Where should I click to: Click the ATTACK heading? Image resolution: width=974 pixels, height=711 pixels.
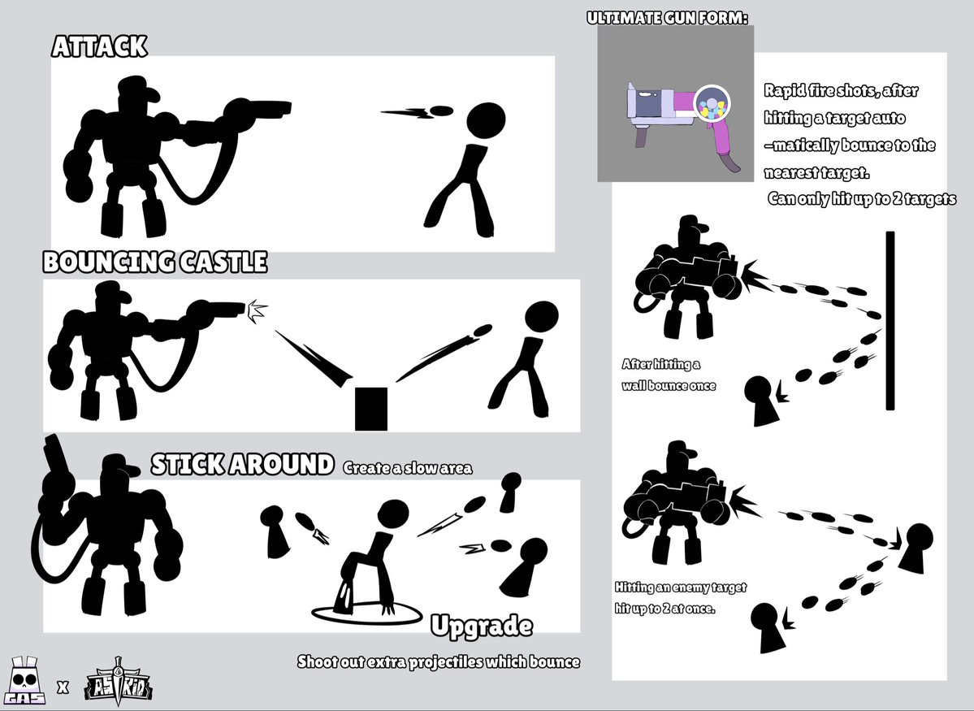pyautogui.click(x=99, y=46)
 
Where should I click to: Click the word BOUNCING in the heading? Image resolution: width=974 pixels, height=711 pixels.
pyautogui.click(x=108, y=262)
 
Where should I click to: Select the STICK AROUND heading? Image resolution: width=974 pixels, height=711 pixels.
pyautogui.click(x=242, y=464)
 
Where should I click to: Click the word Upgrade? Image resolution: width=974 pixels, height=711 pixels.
pyautogui.click(x=482, y=626)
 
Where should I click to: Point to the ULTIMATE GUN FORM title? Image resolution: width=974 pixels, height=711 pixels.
pyautogui.click(x=667, y=18)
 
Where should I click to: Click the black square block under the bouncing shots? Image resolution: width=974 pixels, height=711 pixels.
pyautogui.click(x=371, y=409)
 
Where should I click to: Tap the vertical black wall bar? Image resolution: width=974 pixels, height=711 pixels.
pyautogui.click(x=890, y=321)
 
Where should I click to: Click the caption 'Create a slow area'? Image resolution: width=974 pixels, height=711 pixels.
pyautogui.click(x=408, y=468)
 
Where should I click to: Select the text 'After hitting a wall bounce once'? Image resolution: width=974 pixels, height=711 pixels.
pyautogui.click(x=669, y=375)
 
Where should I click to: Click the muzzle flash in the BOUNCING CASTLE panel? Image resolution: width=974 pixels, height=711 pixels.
pyautogui.click(x=257, y=310)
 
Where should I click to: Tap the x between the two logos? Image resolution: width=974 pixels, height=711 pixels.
pyautogui.click(x=63, y=687)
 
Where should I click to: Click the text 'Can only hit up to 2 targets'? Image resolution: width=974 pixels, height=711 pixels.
pyautogui.click(x=862, y=198)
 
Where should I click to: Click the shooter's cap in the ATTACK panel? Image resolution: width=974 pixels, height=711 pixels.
pyautogui.click(x=139, y=88)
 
